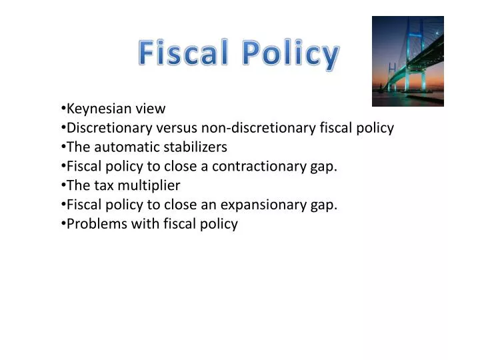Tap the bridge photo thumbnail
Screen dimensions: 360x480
pyautogui.click(x=407, y=61)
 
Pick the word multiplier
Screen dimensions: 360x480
pyautogui.click(x=150, y=185)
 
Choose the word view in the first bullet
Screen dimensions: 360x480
pyautogui.click(x=150, y=109)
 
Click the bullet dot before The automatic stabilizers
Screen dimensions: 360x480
pyautogui.click(x=62, y=147)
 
